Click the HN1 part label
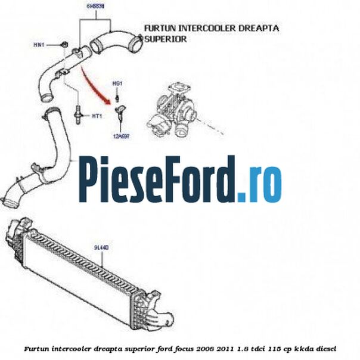point(39,44)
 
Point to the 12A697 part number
point(122,136)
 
